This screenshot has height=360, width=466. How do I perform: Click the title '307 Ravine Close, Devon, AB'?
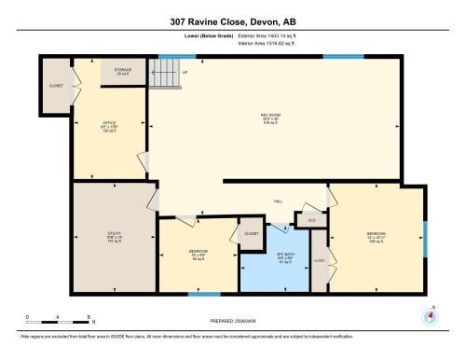(232, 20)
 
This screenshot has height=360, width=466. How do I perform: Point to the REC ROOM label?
(271, 117)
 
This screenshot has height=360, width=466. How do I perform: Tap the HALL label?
(278, 201)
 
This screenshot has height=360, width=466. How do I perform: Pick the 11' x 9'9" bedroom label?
(199, 256)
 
